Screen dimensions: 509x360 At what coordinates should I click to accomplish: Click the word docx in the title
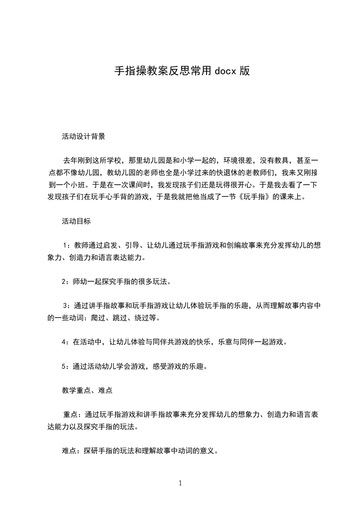225,71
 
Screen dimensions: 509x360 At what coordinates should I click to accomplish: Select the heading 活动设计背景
84,136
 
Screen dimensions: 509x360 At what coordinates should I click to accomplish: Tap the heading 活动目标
76,222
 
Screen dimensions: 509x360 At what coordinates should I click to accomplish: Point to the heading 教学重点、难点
87,390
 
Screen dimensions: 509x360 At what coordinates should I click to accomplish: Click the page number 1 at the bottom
180,483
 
